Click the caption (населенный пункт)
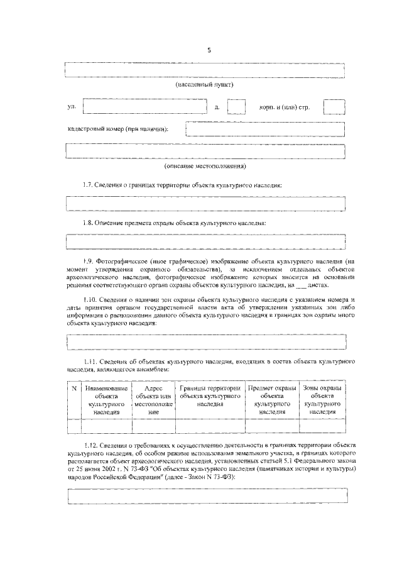pos(205,84)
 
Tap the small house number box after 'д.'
pos(236,106)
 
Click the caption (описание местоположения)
pos(205,167)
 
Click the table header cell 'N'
pos(73,389)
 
